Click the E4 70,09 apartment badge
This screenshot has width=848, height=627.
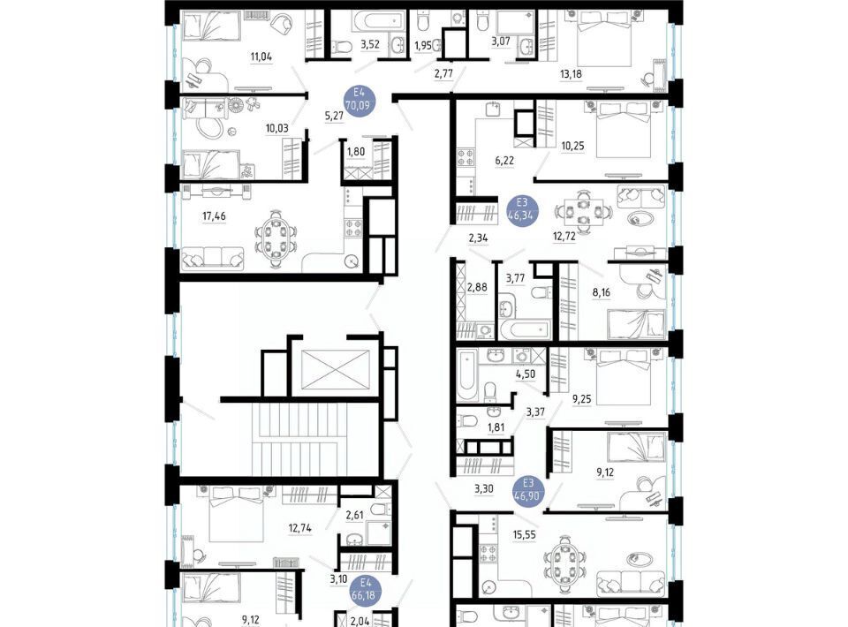coord(358,100)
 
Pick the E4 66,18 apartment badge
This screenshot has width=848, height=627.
coord(367,589)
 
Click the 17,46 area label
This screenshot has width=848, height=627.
coord(214,216)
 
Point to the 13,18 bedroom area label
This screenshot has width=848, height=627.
coord(571,74)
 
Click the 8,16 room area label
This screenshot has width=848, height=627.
coord(601,292)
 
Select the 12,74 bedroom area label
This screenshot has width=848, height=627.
coord(299,528)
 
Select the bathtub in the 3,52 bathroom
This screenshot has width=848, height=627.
coord(379,21)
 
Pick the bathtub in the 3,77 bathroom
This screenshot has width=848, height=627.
coord(525,329)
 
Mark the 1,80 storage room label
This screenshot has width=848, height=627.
coord(356,152)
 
